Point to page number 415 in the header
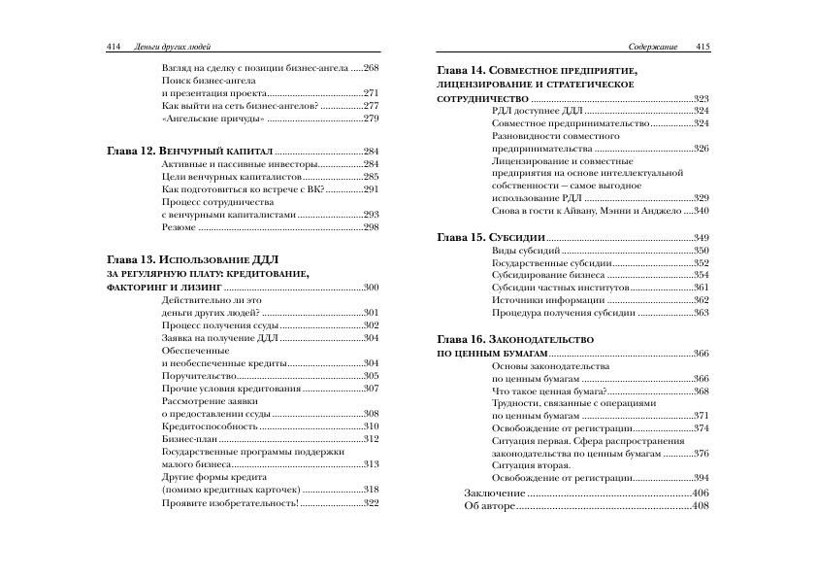[x=703, y=46]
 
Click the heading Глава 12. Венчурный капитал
[x=188, y=152]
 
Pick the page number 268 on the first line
[x=372, y=67]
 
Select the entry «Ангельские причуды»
[x=212, y=118]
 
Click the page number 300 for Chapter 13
[x=372, y=288]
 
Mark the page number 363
[x=702, y=313]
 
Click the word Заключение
[x=495, y=493]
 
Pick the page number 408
[x=702, y=506]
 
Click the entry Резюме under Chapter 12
[x=179, y=226]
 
